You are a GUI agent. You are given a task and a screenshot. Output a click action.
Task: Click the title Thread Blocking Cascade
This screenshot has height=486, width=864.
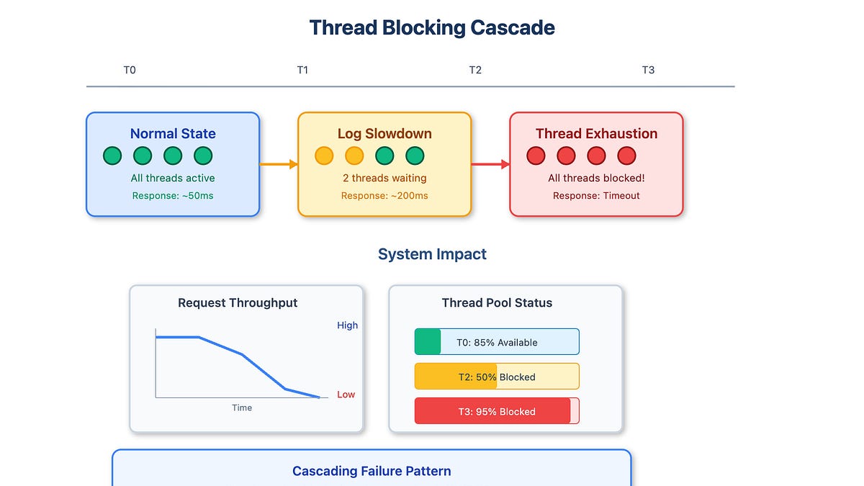coord(432,28)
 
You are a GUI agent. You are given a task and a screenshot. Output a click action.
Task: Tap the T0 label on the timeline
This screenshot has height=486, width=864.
coord(130,70)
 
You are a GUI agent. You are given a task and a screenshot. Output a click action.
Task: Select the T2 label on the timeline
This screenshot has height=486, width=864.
coord(475,70)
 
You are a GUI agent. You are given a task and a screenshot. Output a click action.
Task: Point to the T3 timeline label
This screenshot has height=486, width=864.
coord(648,70)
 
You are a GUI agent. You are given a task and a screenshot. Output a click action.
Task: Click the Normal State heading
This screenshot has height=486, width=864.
coord(173,133)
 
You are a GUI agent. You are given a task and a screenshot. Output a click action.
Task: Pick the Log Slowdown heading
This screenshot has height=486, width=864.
coord(384,133)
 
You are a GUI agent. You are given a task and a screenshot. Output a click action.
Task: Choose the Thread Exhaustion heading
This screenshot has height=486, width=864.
coord(596,133)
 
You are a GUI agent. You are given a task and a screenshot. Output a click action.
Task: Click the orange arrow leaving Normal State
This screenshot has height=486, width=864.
coord(278,164)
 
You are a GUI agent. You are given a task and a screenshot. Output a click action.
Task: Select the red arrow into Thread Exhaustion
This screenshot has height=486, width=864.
coord(490,164)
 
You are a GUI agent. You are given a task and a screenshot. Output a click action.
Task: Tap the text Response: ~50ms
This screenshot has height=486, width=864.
coord(173,196)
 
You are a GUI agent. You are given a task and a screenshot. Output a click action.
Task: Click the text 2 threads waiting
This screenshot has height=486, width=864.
coord(384,178)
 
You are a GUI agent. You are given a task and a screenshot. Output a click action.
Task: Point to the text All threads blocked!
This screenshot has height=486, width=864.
coord(596,178)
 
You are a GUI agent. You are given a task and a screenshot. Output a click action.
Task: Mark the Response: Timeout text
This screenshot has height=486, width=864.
coord(596,196)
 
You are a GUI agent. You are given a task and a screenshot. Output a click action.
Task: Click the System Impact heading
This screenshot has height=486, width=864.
coord(432,254)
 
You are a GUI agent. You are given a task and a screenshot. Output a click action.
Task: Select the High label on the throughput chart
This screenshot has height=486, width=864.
coord(347,325)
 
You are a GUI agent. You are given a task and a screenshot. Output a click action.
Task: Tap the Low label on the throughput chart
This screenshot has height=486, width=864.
coord(346,395)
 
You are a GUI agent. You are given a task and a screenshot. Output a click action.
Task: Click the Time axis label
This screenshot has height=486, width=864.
coord(242,408)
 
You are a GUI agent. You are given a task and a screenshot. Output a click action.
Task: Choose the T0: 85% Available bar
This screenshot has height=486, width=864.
coord(497,342)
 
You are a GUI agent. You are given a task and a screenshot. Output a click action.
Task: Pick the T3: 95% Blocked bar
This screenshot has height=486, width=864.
coord(497,411)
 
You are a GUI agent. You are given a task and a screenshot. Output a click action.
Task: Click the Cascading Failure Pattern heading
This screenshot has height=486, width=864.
coord(372,472)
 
